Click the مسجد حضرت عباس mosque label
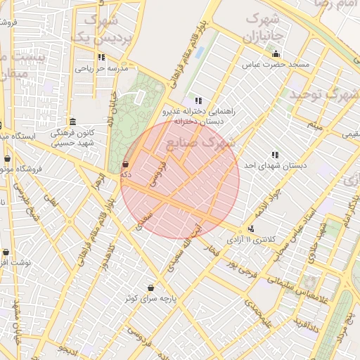click(276, 65)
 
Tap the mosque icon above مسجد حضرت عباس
click(276, 54)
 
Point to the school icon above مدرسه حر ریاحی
click(101, 58)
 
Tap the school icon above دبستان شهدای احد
click(275, 155)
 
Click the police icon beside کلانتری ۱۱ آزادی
click(251, 229)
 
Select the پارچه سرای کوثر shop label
click(150, 298)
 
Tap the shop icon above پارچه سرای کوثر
click(150, 288)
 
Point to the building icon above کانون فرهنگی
click(72, 121)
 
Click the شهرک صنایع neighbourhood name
click(211, 143)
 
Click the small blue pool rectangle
click(200, 53)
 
